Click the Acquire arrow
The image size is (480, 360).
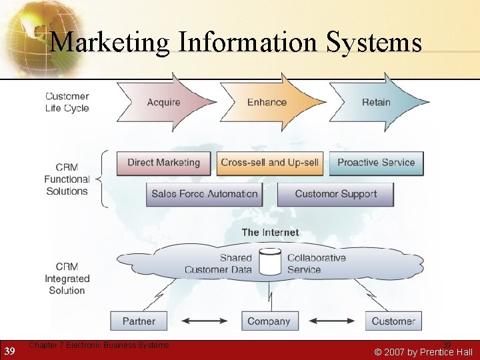pos(164,102)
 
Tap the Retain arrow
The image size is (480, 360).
pos(376,102)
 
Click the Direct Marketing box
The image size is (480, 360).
pos(163,163)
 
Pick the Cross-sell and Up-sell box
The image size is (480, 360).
pos(270,163)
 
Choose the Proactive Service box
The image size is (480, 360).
pos(376,163)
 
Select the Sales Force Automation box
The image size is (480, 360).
pos(204,194)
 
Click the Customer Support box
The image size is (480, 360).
pos(335,194)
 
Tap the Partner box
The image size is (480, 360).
pos(139,321)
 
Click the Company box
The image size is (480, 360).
pos(269,321)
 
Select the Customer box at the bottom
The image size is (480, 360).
pos(393,321)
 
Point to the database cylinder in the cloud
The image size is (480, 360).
pos(270,262)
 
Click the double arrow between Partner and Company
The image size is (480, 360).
pos(204,321)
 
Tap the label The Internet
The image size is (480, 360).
pos(270,233)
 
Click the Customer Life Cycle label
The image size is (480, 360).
pos(67,102)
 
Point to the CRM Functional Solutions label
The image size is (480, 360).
pos(67,179)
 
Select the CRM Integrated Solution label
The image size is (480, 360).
pos(67,278)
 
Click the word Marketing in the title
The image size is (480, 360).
pos(111,43)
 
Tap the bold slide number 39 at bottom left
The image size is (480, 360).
pos(9,351)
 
